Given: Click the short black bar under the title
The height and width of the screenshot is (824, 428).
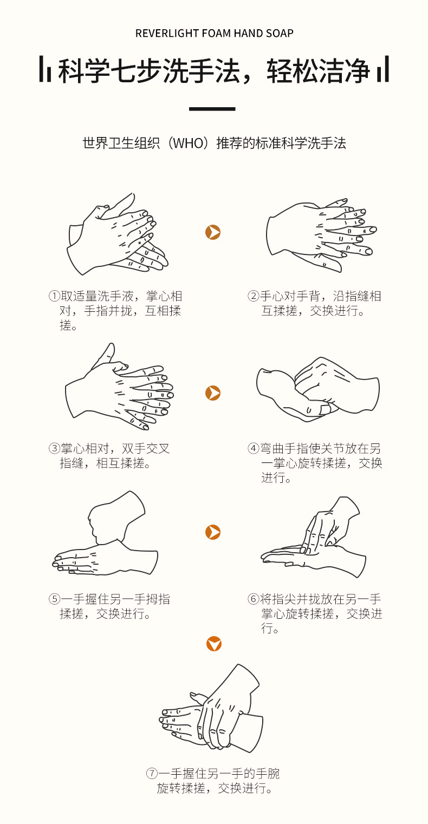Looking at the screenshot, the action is click(212, 109).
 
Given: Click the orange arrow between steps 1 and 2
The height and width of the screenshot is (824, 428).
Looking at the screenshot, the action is click(213, 232).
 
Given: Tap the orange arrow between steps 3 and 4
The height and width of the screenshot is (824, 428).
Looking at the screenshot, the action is click(213, 393).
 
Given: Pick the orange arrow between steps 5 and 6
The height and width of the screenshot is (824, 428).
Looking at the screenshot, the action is click(213, 532).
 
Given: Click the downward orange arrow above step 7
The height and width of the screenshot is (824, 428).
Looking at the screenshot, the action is click(214, 644).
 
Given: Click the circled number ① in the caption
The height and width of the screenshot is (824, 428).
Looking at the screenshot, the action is click(54, 296).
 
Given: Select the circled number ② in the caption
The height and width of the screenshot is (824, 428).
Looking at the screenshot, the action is click(253, 296).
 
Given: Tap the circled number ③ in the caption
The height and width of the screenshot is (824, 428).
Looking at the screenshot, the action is click(54, 448).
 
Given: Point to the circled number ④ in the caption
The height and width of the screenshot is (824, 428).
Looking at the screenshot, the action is click(253, 448).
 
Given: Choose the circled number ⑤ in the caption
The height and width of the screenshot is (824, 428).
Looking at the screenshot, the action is click(54, 599).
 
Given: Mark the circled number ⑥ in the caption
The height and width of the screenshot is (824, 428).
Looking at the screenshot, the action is click(253, 599).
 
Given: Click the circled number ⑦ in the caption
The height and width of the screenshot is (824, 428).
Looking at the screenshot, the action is click(152, 774).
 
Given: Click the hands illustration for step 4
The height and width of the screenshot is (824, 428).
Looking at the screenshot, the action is click(318, 389).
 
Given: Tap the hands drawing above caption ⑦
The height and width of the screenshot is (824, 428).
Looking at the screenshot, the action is click(211, 709).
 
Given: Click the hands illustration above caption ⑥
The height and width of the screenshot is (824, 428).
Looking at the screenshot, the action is click(313, 538).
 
